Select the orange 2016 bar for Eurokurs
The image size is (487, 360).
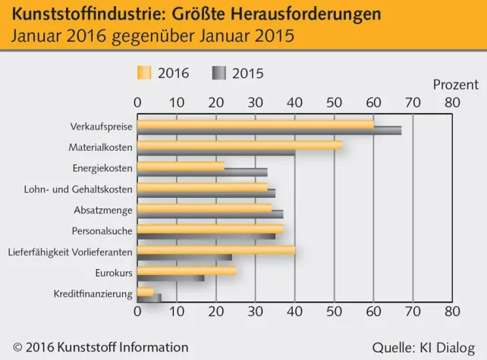click(x=187, y=270)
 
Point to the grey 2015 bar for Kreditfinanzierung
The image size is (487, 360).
click(x=158, y=298)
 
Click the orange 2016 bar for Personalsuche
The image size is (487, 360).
click(x=210, y=228)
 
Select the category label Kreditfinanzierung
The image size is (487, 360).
click(x=93, y=293)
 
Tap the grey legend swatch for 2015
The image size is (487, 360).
click(x=219, y=73)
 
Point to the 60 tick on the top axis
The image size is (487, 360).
click(x=372, y=102)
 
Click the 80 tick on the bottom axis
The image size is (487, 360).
click(x=451, y=311)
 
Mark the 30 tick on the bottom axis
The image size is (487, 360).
click(x=255, y=311)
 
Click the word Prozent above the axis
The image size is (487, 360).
click(x=455, y=84)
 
